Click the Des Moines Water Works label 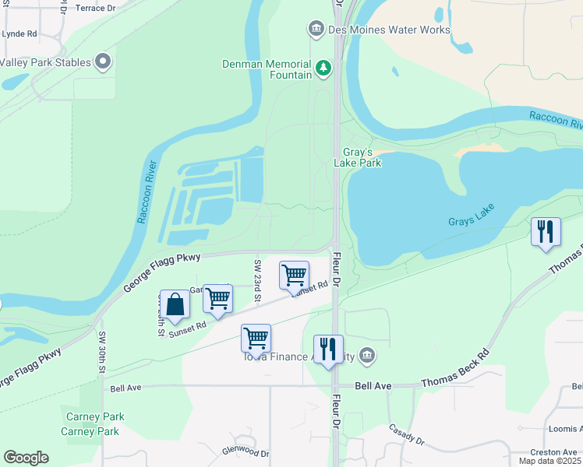coord(390,30)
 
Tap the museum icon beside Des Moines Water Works coord(316,30)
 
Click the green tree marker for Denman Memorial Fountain coord(323,69)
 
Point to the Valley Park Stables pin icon coord(103,62)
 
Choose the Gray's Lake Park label coord(358,157)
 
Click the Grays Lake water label coord(472,222)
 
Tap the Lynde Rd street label coord(19,34)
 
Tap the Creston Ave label coord(553,452)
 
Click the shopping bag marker coord(175,305)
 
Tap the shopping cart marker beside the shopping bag coord(217,299)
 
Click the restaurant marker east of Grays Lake coord(546,232)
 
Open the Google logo coord(26,458)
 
